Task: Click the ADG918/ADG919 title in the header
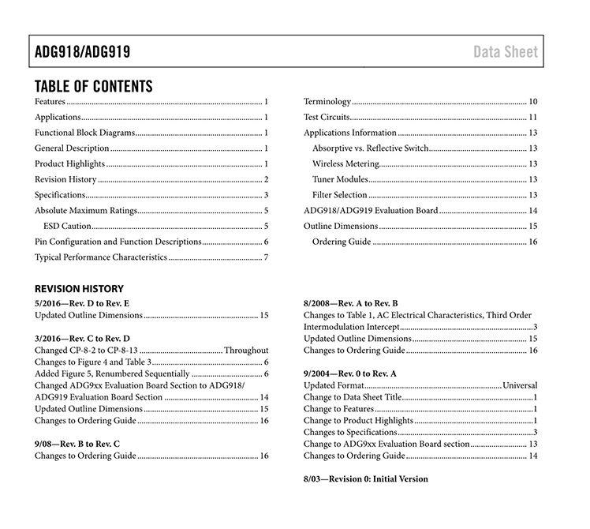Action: (82, 53)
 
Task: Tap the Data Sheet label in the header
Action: (506, 53)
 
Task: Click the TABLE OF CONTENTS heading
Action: (94, 86)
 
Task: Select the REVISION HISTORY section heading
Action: (79, 289)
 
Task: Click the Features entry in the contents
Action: (50, 102)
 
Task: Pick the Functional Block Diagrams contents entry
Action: (85, 133)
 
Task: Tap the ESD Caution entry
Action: (68, 226)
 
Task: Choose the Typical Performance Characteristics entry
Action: (101, 257)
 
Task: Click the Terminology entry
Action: (327, 102)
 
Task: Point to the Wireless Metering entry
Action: (345, 163)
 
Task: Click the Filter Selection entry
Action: (340, 195)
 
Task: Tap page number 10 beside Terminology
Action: (533, 102)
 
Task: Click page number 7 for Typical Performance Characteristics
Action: (267, 257)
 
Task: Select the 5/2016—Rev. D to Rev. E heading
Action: (82, 303)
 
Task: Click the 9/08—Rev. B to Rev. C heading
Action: (77, 444)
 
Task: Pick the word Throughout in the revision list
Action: (246, 350)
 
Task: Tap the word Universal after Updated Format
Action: (520, 385)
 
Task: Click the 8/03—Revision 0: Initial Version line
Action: (366, 478)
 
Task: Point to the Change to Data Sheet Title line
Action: (353, 397)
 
